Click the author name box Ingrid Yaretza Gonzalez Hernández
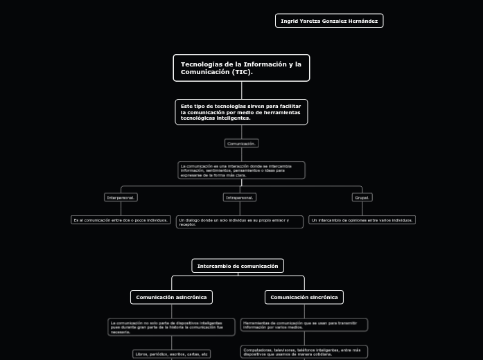[329, 21]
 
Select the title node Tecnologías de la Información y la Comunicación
[241, 68]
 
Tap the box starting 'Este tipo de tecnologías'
[241, 112]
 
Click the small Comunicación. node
[241, 143]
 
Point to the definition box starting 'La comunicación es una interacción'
[241, 170]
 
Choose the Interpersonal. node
[121, 197]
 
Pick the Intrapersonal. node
[240, 197]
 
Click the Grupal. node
[362, 197]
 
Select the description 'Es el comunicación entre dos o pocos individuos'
[121, 220]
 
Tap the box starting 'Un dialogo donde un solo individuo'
[239, 222]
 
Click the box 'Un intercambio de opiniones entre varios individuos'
[362, 220]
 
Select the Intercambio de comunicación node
[238, 266]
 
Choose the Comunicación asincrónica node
[171, 297]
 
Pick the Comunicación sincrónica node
[304, 297]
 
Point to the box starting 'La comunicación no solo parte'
[171, 327]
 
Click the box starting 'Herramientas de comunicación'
[304, 325]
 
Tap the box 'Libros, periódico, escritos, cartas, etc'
[171, 354]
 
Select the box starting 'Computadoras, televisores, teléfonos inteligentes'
[304, 352]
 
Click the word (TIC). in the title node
[243, 72]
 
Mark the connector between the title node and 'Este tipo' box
[242, 91]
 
